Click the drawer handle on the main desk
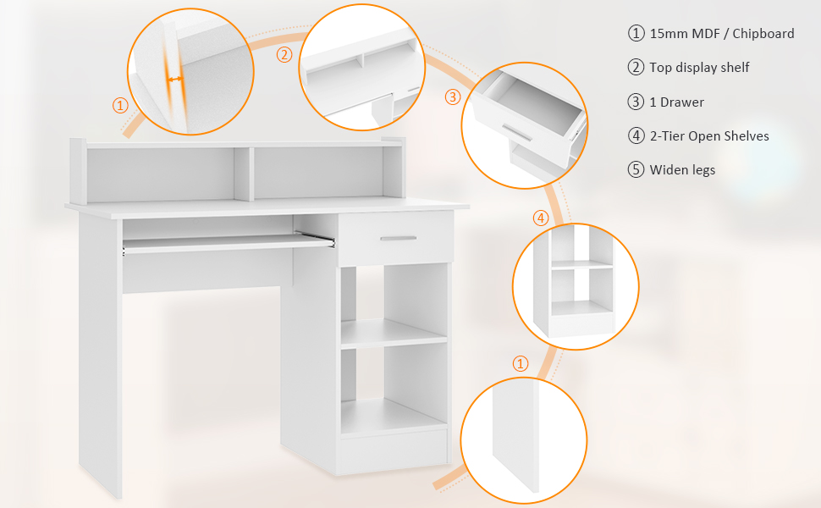[x=399, y=238]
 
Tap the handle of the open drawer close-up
[x=517, y=132]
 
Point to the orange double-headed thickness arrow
[x=175, y=80]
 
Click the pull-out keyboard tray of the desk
[x=229, y=243]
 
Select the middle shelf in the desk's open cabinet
[x=394, y=334]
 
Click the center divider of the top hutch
[x=244, y=174]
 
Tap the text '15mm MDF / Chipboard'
[x=722, y=34]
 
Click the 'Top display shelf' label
[x=699, y=68]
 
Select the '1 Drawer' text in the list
[x=677, y=102]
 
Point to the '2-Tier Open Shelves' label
[x=709, y=136]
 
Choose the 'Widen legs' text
[x=682, y=170]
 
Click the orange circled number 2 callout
[x=284, y=54]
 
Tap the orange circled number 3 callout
[x=453, y=97]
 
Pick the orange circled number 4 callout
[x=541, y=218]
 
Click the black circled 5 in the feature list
[x=636, y=169]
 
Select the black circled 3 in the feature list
[x=636, y=102]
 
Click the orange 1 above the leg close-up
[x=520, y=363]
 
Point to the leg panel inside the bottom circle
[x=515, y=434]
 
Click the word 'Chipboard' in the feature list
[x=763, y=34]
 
